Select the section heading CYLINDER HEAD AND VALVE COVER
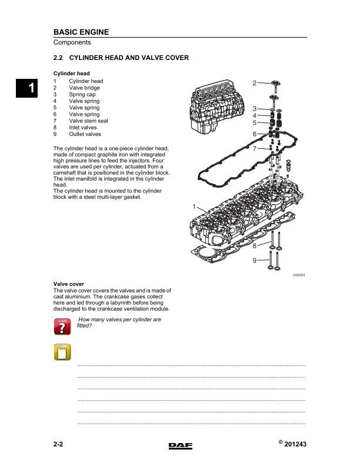tap(129, 58)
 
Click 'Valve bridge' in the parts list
tap(84, 88)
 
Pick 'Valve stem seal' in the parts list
tap(88, 121)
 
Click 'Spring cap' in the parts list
tap(83, 94)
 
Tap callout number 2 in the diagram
tap(255, 83)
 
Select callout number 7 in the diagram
tap(255, 149)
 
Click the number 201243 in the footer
tap(295, 445)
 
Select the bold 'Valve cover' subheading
tap(69, 284)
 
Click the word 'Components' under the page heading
tap(72, 42)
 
